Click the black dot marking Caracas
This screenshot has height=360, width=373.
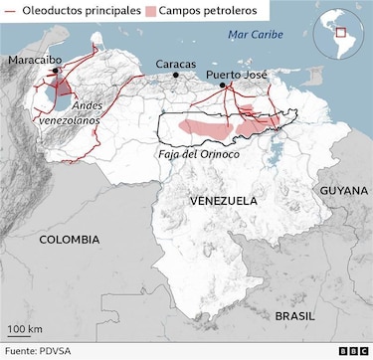coord(176,75)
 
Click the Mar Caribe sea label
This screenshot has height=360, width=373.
coord(254,35)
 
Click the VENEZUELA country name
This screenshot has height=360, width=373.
coord(223,201)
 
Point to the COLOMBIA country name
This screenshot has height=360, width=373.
coord(69,240)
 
